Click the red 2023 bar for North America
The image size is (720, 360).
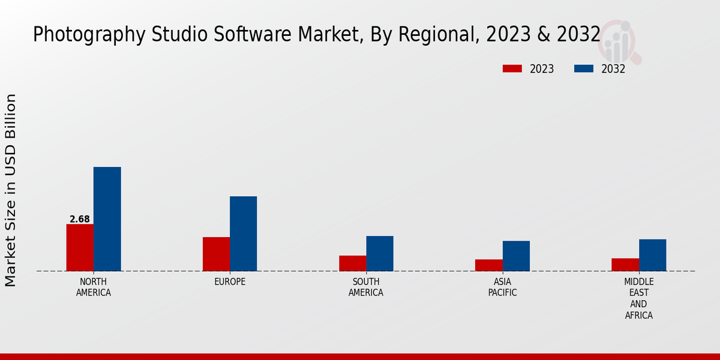(80, 247)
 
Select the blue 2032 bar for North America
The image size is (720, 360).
(107, 219)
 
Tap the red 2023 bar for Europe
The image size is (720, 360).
(216, 254)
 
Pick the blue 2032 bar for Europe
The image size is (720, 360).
(243, 233)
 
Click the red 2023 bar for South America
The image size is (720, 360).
(352, 263)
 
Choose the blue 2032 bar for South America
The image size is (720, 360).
(380, 253)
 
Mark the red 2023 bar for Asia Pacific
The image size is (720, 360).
(489, 265)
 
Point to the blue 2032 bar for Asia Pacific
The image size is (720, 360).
(516, 256)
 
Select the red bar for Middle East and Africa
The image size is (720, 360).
(625, 265)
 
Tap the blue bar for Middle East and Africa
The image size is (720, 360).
(652, 255)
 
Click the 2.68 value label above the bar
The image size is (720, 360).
(80, 220)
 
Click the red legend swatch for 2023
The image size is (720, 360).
(512, 69)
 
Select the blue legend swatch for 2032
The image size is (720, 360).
(583, 69)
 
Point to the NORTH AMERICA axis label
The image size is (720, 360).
(94, 287)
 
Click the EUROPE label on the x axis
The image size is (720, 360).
(230, 282)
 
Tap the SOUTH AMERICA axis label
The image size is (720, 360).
(366, 287)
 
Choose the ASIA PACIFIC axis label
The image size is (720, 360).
(503, 287)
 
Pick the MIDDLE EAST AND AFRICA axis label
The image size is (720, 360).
(639, 298)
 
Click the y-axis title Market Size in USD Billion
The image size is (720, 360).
(11, 190)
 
